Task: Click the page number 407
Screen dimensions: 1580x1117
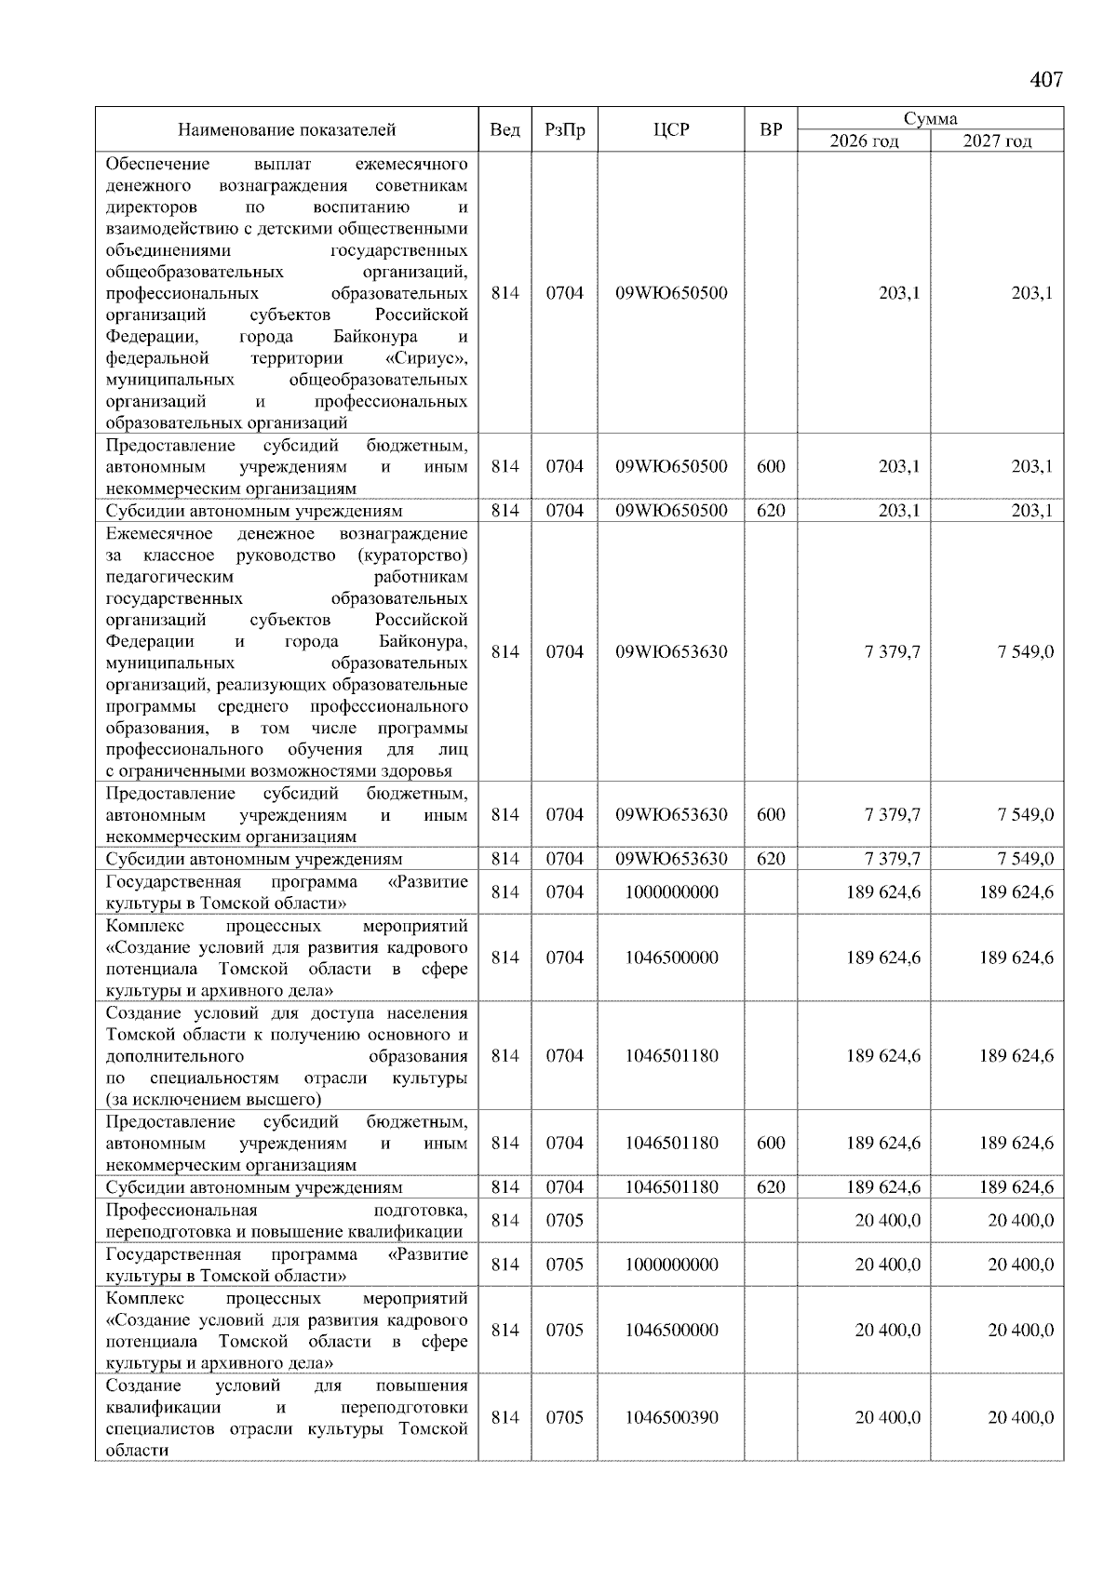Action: [x=1046, y=80]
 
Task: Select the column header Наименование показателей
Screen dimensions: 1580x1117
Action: [x=287, y=130]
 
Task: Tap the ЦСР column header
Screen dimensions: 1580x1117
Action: [x=671, y=130]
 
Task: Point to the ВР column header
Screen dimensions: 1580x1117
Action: [x=771, y=130]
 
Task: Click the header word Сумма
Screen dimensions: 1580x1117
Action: [x=930, y=119]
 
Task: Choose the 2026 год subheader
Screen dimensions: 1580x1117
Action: [x=864, y=141]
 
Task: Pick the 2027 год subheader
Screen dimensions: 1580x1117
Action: [x=997, y=141]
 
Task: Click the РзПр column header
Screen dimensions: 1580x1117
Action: [x=564, y=130]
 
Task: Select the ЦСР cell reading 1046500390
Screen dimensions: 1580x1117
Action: [x=671, y=1417]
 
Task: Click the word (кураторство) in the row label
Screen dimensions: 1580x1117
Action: [x=411, y=556]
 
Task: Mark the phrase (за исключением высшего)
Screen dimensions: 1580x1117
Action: [x=213, y=1100]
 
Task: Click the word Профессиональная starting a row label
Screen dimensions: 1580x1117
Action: [x=182, y=1210]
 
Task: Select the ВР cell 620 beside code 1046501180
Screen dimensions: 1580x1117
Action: [x=771, y=1187]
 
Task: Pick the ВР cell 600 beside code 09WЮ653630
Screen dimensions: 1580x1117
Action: [x=771, y=814]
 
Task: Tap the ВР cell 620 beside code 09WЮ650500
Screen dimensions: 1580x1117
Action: [x=771, y=511]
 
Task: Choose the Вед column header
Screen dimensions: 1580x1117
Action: [x=505, y=130]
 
